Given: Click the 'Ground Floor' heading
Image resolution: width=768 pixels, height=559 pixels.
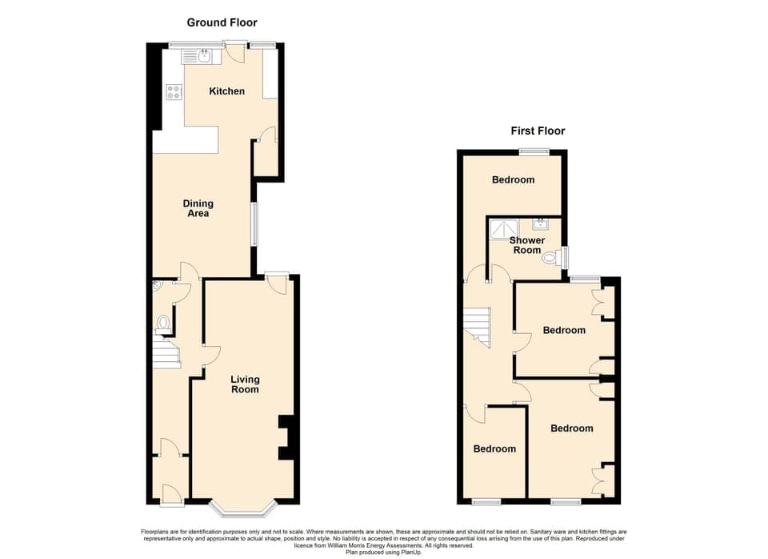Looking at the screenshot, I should pos(222,22).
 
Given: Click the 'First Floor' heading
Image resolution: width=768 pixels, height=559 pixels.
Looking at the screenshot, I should pos(538,131).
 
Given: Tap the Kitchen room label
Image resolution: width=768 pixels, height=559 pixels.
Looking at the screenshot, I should pos(226,91).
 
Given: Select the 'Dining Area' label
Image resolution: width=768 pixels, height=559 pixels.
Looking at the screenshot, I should pos(198,208).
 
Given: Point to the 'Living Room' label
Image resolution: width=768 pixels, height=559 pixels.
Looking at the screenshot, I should pos(245,384).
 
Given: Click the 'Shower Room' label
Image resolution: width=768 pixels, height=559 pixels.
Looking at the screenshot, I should pos(526,245).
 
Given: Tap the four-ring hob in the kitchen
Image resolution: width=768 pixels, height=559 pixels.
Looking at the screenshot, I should pos(173,93).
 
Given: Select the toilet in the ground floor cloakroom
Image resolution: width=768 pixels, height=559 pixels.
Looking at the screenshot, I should pos(163,323).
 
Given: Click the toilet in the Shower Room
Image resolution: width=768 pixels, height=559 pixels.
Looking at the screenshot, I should pos(550,259).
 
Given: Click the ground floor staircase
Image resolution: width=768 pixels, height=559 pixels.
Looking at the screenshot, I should pos(165,352).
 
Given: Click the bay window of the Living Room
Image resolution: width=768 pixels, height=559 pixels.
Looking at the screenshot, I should pos(243,507).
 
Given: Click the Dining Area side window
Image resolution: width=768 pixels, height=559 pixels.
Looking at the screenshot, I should pos(254,223).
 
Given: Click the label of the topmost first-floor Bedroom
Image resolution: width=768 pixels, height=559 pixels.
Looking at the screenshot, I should pos(513,179).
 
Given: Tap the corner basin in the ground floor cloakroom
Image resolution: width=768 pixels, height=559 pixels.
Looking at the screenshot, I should pos(157,284).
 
